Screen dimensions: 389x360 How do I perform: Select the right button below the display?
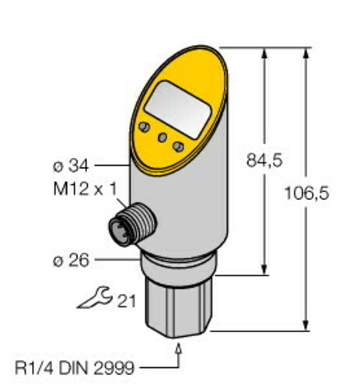point(179,145)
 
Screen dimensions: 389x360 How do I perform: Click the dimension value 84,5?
point(263,160)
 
